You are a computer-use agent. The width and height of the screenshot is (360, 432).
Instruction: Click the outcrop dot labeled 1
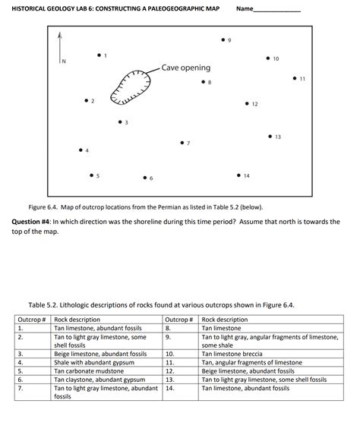tap(99, 55)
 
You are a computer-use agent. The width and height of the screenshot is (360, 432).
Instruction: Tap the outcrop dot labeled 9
tap(223, 38)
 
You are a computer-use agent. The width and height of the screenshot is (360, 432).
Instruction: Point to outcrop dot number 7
tap(182, 141)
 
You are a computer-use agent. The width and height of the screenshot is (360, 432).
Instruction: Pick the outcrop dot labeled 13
tap(270, 136)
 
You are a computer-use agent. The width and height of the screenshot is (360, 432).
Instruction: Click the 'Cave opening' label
tap(185, 68)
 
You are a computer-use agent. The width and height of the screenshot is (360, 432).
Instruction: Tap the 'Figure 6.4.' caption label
tap(44, 206)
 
